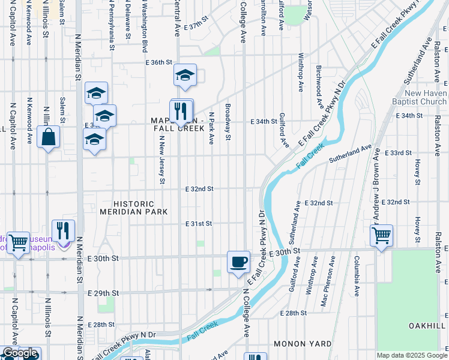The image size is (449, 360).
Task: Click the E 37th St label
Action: (196, 28)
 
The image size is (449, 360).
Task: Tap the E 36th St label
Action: (158, 62)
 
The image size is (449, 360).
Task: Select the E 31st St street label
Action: (199, 224)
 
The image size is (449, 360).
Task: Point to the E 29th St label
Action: (100, 293)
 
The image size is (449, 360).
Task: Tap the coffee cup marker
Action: (238, 262)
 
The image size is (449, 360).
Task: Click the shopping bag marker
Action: (49, 136)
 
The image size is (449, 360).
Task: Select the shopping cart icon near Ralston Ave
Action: (381, 236)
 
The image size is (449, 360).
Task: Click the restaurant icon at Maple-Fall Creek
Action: (182, 111)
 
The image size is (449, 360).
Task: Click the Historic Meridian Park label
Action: (134, 208)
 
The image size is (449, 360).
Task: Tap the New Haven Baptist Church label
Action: (425, 97)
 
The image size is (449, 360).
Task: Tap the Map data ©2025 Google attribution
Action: (412, 355)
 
